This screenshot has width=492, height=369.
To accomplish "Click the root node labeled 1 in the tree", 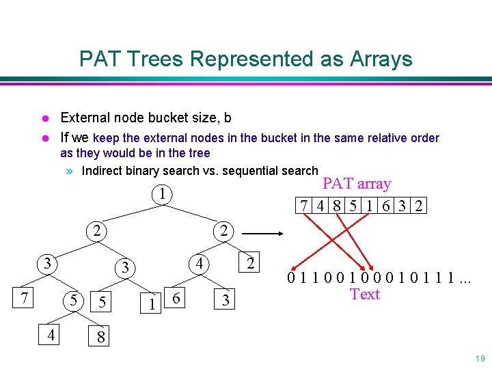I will pos(161,195).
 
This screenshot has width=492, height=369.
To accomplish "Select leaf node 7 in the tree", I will pos(25,299).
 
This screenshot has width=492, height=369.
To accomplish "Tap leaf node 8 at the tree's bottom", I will pos(101,337).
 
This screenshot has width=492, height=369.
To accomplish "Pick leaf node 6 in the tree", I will pos(177,299).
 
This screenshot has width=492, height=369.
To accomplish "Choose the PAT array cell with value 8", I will pos(336,206).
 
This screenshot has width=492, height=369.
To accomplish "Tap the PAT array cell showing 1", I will pos(369,206).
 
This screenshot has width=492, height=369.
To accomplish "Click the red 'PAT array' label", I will pos(357,184).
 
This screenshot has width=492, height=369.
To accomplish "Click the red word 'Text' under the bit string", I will pos(365,294).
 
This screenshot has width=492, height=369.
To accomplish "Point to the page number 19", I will pos(479,359).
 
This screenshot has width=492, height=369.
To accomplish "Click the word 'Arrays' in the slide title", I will pos(381,59).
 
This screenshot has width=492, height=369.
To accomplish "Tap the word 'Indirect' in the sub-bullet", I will pos(104,171).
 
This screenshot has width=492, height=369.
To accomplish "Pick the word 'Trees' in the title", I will pos(161,59).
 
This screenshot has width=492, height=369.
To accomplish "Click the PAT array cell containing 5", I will pos(352,206).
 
